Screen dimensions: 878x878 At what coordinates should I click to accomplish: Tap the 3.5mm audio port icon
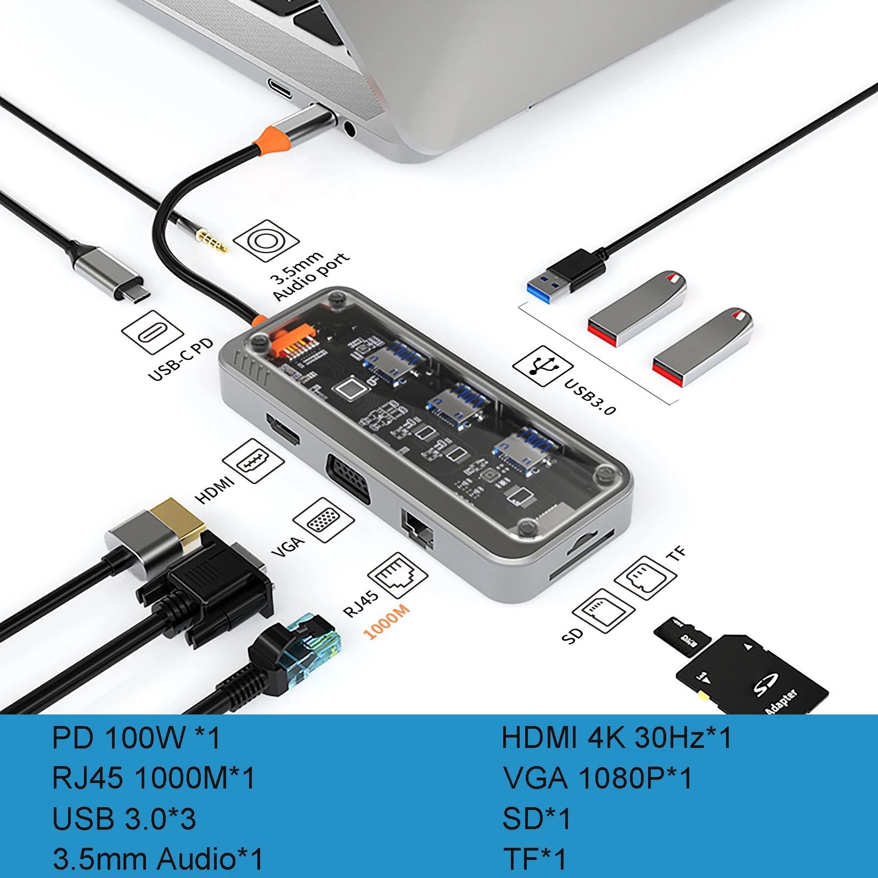click(266, 242)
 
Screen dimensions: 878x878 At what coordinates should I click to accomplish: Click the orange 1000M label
click(386, 618)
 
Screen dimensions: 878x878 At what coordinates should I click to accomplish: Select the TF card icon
click(645, 578)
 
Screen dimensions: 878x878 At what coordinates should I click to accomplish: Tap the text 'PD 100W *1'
click(137, 738)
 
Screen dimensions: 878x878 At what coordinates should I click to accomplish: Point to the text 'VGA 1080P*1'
click(598, 778)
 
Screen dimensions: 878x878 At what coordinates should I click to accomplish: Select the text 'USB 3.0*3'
click(124, 819)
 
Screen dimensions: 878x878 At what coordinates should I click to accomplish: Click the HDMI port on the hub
click(283, 430)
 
